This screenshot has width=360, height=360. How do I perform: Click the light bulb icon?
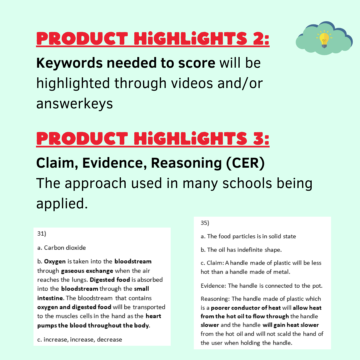tap(324, 39)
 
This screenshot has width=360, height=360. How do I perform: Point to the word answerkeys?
tap(75, 104)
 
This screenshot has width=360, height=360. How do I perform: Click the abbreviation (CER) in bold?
tap(245, 163)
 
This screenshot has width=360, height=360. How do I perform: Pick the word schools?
tap(247, 183)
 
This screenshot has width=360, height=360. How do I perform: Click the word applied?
tap(62, 204)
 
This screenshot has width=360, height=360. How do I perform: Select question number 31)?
tap(42, 233)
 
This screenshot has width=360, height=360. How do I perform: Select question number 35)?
tap(205, 223)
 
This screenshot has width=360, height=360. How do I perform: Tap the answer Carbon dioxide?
tap(65, 247)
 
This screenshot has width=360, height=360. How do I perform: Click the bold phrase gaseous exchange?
tap(87, 271)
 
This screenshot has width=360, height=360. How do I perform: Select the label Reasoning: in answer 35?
tap(215, 299)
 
